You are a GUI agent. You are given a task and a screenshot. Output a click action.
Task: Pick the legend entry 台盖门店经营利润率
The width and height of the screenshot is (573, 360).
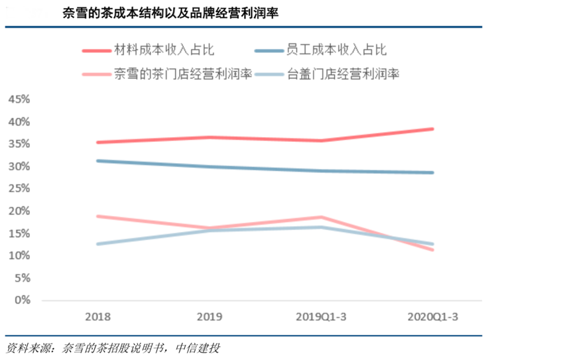coord(342,74)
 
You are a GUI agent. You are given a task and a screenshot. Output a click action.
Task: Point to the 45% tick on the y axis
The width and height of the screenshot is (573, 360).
coord(19,99)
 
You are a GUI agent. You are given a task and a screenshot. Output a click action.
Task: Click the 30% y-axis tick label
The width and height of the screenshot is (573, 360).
coord(19,166)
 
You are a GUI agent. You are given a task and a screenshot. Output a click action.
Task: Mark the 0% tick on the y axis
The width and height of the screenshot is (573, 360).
coord(23,300)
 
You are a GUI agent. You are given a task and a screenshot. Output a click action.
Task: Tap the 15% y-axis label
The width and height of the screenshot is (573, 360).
coord(19,233)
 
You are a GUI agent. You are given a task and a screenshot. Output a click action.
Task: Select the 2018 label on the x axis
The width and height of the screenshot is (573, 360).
coord(98,317)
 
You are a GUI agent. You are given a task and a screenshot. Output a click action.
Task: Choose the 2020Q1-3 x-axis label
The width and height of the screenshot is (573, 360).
coord(434,317)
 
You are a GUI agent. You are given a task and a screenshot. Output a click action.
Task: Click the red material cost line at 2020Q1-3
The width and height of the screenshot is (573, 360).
coord(433,129)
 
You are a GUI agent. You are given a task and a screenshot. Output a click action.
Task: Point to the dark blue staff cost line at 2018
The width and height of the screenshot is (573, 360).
coord(98,160)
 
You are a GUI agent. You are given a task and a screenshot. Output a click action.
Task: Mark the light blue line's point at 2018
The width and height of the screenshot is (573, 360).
coord(98,244)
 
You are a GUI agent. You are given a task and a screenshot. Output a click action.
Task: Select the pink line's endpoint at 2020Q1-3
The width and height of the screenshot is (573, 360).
coord(433,249)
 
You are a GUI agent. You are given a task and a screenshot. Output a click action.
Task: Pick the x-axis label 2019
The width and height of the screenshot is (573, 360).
coord(210,317)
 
